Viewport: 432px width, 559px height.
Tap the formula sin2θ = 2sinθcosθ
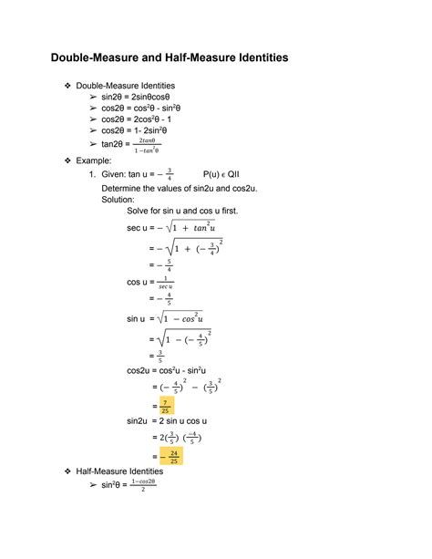[x=139, y=96]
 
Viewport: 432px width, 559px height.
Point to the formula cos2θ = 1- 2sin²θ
[x=136, y=130]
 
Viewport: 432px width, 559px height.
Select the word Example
[x=96, y=159]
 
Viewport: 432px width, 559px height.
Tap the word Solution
[x=118, y=198]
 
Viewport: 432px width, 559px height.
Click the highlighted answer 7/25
[x=165, y=405]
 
